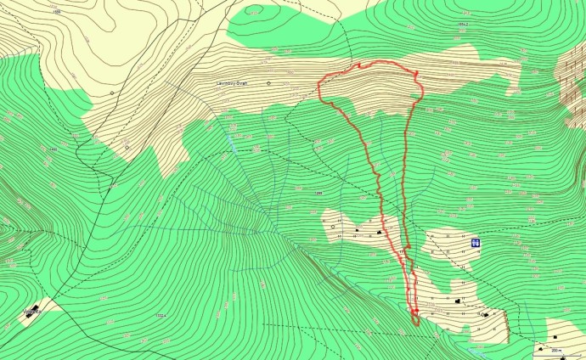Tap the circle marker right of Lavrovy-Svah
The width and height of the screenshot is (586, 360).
click(x=268, y=83)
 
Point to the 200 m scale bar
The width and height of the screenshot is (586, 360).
click(x=557, y=349)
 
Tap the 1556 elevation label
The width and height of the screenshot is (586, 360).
click(x=56, y=12)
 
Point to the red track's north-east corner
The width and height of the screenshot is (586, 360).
click(x=418, y=76)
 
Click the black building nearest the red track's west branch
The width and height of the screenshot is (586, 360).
click(x=358, y=230)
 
